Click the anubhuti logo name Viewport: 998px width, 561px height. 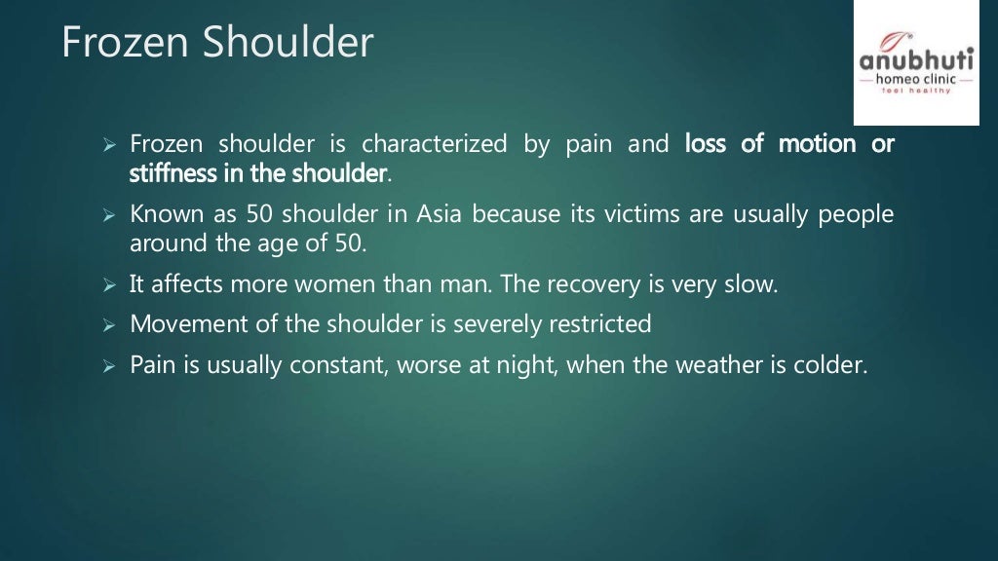coord(915,60)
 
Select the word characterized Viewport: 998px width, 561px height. coord(435,145)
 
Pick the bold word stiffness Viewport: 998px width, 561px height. coord(168,174)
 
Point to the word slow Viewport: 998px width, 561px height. coord(751,285)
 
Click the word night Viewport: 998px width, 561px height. coord(530,367)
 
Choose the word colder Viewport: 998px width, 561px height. coord(831,367)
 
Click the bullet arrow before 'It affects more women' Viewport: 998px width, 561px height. coord(109,286)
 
